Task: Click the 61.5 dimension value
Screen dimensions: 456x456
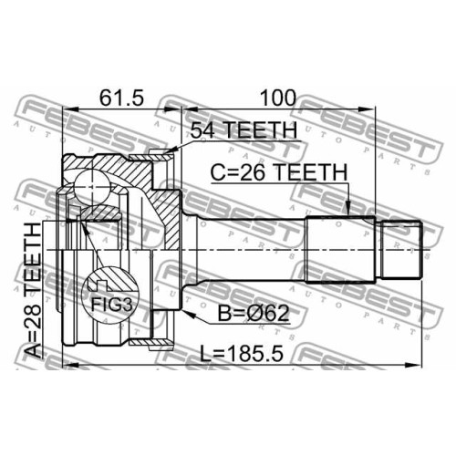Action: [121, 98]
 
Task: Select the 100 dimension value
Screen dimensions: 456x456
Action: [278, 98]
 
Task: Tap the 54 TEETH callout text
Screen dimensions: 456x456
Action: [244, 130]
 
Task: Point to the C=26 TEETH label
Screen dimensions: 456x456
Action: [279, 172]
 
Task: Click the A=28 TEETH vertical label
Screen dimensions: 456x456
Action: [33, 290]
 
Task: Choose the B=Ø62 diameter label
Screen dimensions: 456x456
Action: [254, 314]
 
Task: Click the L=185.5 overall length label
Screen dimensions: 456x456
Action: [242, 354]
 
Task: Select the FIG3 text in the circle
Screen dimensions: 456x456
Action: [112, 305]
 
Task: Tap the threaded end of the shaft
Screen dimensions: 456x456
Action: [400, 250]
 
